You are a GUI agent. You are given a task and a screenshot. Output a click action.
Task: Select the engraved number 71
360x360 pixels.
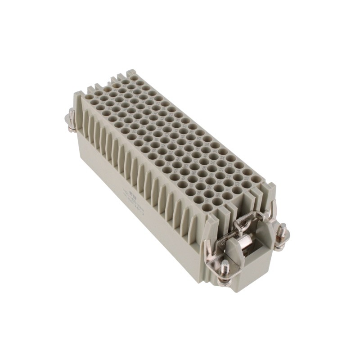pyautogui.click(x=227, y=190)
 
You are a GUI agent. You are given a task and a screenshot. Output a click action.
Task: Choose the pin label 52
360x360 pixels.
pyautogui.click(x=229, y=177)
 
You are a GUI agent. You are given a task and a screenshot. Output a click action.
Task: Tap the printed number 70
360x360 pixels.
pyautogui.click(x=220, y=182)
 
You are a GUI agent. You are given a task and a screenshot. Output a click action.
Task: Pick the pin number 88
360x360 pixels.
pyautogui.click(x=209, y=188)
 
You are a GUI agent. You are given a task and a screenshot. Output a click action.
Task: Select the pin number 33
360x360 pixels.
pyautogui.click(x=230, y=165)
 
